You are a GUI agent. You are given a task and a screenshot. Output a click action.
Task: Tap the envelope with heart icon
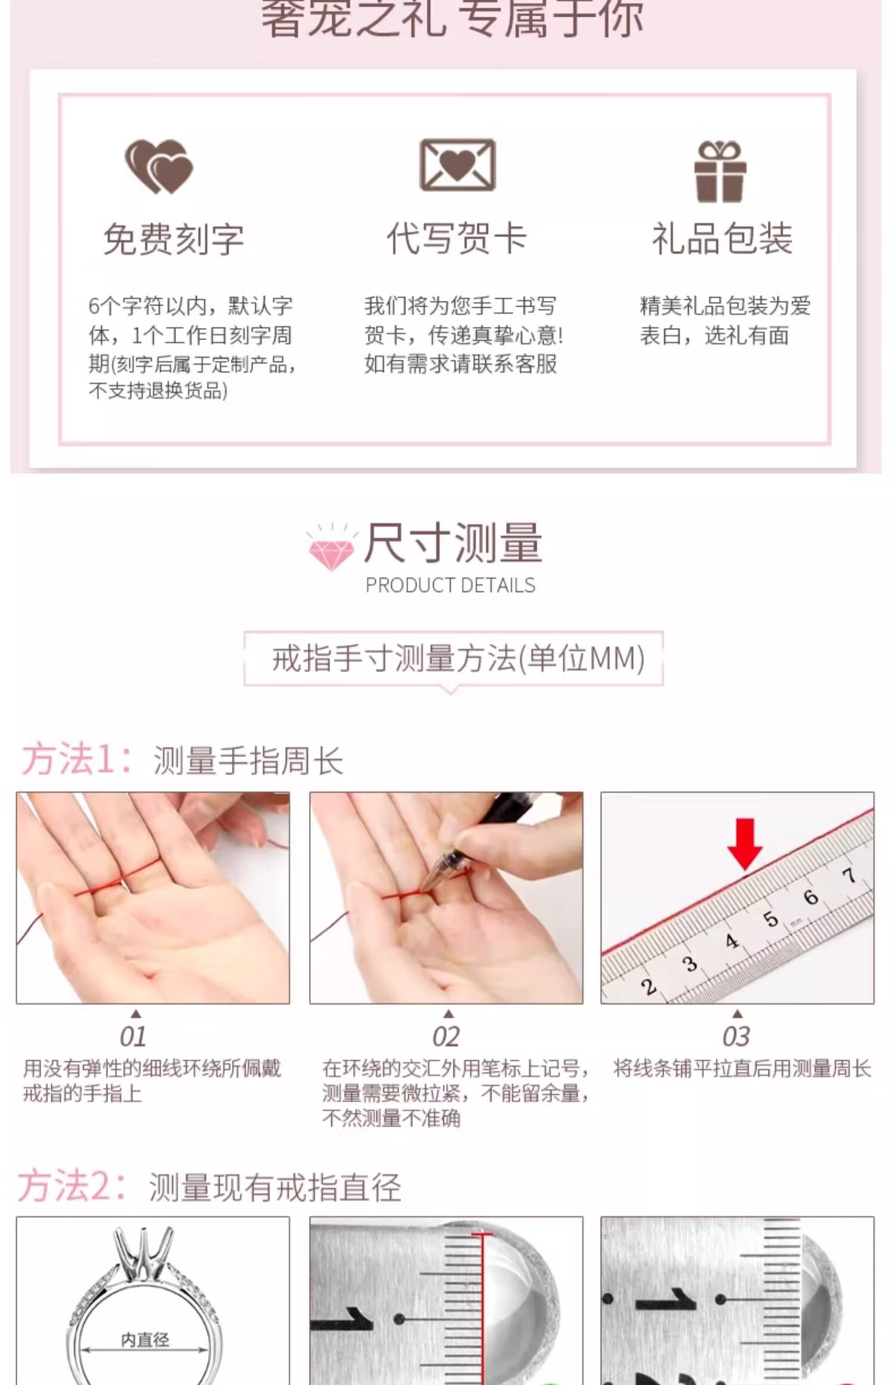coord(458,165)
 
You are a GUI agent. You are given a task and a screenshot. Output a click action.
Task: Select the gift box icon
coord(720,171)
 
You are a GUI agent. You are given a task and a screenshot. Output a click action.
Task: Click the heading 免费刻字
coord(174,239)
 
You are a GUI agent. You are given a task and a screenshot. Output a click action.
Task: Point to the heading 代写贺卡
coord(457,238)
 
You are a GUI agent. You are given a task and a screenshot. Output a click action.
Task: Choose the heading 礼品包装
coord(722,238)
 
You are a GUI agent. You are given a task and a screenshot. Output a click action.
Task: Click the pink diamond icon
coord(332,548)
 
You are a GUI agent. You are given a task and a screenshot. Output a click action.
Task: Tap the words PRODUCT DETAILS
coord(450,585)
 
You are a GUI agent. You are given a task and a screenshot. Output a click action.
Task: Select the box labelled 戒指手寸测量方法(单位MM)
coord(453,659)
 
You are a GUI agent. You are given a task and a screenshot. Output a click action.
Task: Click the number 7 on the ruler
coord(849,875)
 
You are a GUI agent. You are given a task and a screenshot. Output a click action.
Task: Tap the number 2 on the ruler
coord(649,987)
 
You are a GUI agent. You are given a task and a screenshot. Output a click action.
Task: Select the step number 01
coord(132,1037)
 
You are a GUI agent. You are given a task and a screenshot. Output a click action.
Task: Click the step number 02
coord(446,1037)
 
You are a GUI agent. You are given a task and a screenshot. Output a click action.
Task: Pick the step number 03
coord(736,1037)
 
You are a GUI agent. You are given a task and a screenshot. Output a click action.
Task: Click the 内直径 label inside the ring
coord(145,1340)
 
